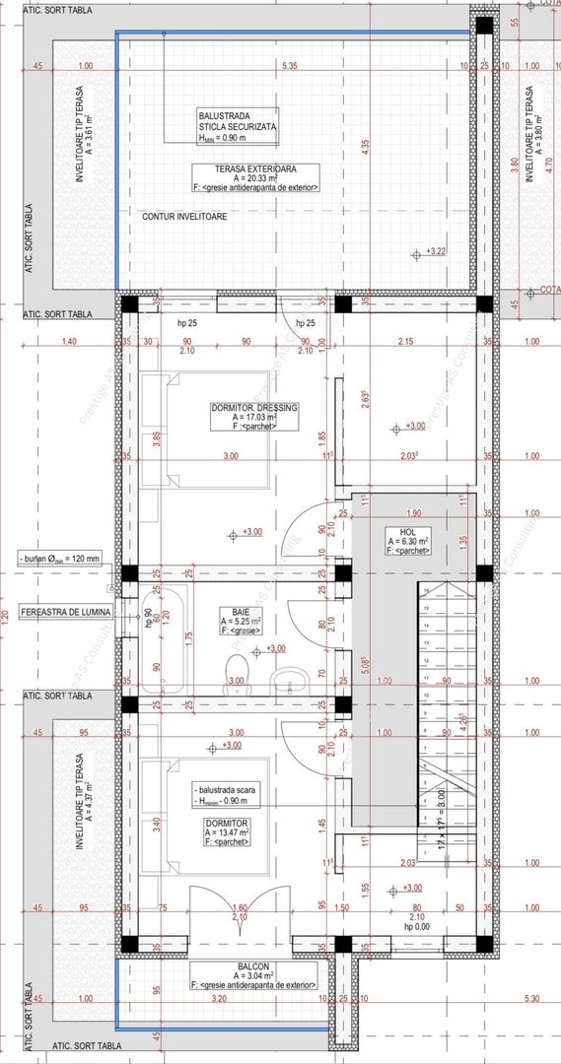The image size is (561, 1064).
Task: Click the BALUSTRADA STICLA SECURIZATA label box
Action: (237, 127)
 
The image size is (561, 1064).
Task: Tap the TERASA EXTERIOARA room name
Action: (256, 167)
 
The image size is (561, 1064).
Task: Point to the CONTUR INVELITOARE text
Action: (185, 216)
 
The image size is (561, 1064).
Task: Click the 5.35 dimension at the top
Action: (289, 66)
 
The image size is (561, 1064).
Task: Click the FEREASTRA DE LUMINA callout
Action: (66, 612)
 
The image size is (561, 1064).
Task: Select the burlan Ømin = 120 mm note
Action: (59, 559)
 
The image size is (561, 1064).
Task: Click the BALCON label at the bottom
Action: (254, 966)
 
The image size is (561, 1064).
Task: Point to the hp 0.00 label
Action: (417, 928)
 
